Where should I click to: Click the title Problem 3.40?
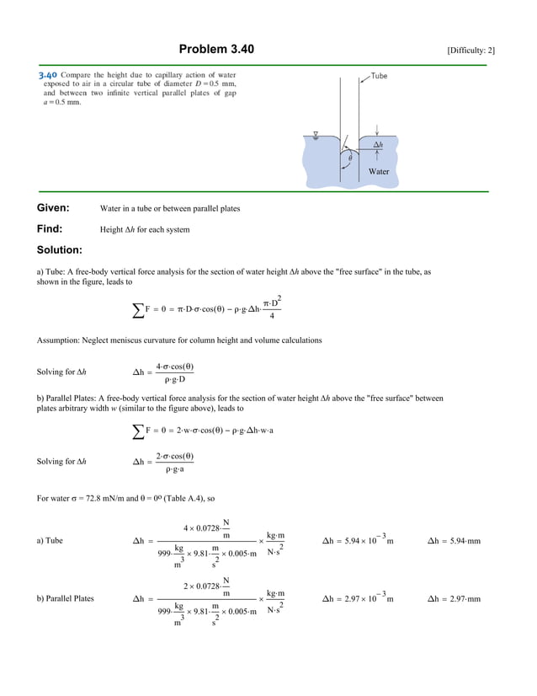tap(216, 50)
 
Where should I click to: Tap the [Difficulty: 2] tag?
tap(471, 51)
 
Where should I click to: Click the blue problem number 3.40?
tap(48, 75)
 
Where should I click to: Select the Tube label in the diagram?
tap(379, 76)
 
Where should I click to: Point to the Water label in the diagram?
tap(379, 171)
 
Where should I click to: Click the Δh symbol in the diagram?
tap(378, 144)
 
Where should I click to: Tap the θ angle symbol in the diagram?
tap(351, 157)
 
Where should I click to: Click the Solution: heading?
tap(60, 250)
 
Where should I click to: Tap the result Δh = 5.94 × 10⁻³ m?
tap(359, 539)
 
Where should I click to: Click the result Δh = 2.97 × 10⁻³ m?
tap(359, 598)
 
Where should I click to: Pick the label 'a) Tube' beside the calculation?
tap(50, 540)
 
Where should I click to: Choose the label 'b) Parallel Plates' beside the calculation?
tap(66, 599)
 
